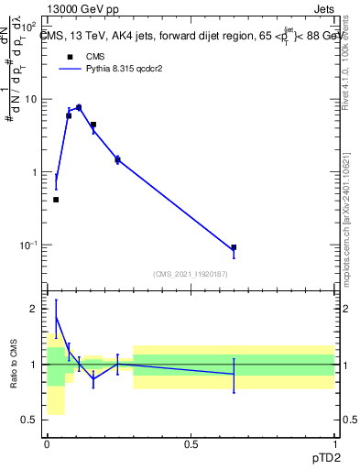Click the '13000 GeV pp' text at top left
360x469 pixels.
coord(84,10)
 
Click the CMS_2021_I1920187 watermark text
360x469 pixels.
coord(190,274)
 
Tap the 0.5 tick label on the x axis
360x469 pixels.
coord(191,442)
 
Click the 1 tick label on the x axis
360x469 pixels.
coord(334,442)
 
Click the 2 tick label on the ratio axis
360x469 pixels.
coord(35,310)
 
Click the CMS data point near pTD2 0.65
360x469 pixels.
coord(234,247)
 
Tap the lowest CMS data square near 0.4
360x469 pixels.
coord(56,200)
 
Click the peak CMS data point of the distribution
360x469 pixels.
coord(79,107)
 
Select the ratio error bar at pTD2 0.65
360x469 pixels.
coord(234,375)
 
